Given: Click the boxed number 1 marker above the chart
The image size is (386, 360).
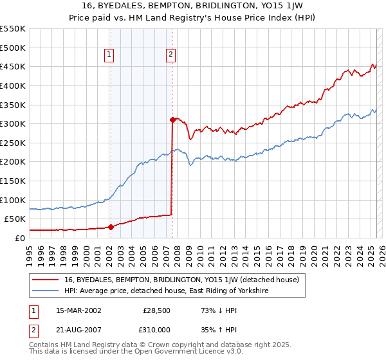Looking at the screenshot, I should click(110, 55).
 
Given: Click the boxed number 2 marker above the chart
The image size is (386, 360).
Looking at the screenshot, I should click(171, 55).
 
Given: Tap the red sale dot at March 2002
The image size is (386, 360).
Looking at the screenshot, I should click(111, 226).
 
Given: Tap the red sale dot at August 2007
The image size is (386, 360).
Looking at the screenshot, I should click(172, 120).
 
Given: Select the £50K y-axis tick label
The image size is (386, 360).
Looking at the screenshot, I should click(15, 219).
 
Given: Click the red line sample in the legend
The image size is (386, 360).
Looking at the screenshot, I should click(46, 280).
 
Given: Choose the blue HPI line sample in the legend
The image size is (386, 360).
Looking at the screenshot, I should click(46, 291).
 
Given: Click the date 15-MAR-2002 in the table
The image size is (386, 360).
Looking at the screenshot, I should click(79, 310).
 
